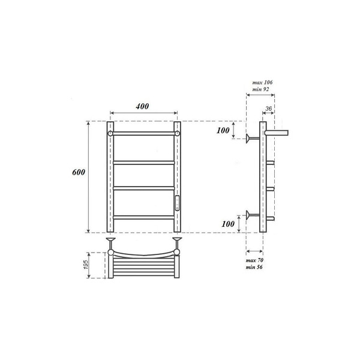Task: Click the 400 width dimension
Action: tap(143, 106)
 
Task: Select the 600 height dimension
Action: tap(79, 172)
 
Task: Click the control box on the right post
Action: tap(177, 203)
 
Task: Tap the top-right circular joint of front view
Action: tap(178, 133)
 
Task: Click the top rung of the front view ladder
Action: tap(144, 133)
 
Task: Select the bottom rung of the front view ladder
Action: tap(144, 216)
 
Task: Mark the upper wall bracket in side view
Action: tap(251, 139)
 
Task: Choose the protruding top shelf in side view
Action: tap(277, 131)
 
